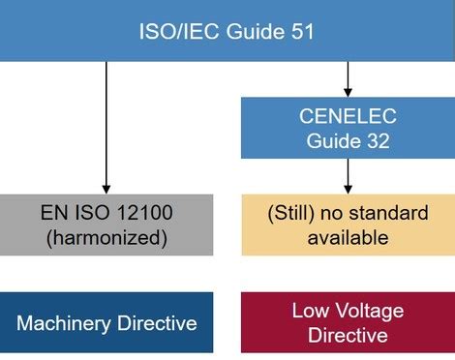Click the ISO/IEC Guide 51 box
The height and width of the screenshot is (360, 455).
[x=227, y=30]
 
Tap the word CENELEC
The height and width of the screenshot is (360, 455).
[x=348, y=117]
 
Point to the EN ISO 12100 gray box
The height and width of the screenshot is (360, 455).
[x=106, y=225]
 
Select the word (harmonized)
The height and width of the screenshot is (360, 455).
[x=106, y=236]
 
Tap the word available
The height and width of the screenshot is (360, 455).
[x=347, y=236]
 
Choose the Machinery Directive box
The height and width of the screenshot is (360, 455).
[x=106, y=322]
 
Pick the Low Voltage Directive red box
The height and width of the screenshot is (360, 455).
[x=348, y=322]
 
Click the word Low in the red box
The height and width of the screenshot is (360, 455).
[x=310, y=311]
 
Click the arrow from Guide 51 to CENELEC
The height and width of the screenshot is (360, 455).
[x=348, y=77]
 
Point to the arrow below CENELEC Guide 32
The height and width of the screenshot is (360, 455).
[x=348, y=175]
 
